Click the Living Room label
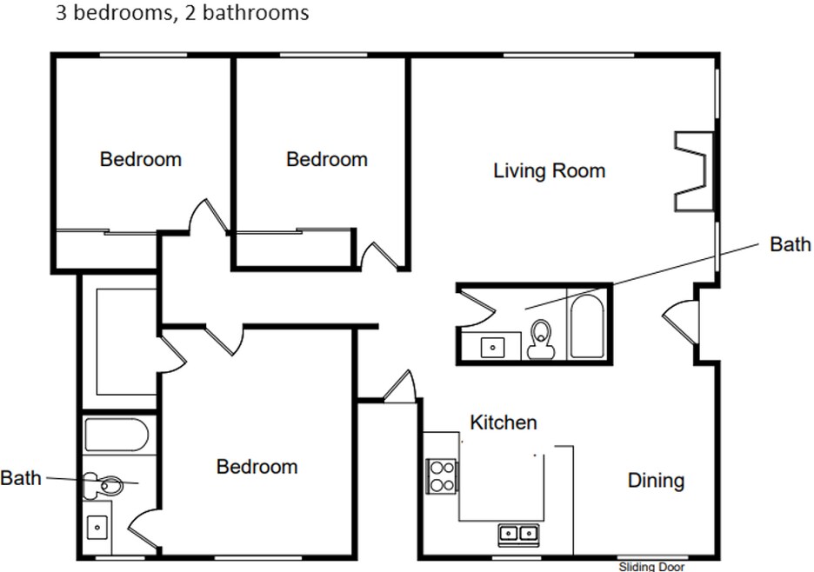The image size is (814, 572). (x=550, y=170)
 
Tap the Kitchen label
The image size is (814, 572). (x=503, y=422)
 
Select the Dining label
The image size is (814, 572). (x=656, y=481)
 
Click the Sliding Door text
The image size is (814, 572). (x=651, y=567)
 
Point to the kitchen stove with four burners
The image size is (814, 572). (x=442, y=476)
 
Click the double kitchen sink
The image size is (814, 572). (x=518, y=534)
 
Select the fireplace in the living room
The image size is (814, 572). (x=694, y=171)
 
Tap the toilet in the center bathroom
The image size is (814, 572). (x=541, y=339)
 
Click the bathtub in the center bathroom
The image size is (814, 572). (x=587, y=327)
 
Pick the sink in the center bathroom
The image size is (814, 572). (x=492, y=347)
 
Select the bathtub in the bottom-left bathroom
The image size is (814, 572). (x=117, y=435)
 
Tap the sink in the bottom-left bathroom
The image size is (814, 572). (x=97, y=528)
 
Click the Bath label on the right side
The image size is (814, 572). (x=790, y=244)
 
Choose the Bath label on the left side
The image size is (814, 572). (x=21, y=478)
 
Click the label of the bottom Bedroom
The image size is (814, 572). (x=257, y=467)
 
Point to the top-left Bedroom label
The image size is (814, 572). (x=141, y=159)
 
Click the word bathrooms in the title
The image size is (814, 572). (x=256, y=12)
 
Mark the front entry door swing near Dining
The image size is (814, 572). (x=680, y=322)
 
